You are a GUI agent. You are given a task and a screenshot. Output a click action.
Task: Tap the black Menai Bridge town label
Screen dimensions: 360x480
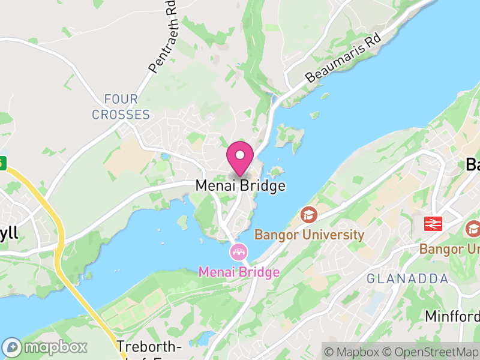[240, 186]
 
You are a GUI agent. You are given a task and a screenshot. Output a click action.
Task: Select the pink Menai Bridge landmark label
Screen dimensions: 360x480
[239, 272]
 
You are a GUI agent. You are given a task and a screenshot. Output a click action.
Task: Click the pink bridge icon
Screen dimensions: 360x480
[239, 251]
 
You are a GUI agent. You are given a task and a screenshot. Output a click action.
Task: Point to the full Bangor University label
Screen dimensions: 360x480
[309, 235]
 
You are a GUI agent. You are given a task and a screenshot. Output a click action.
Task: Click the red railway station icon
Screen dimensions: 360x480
[433, 224]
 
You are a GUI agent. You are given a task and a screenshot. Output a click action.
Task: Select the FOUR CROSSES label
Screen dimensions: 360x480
[121, 107]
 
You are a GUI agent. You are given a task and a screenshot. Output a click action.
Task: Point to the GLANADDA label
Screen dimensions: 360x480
[407, 279]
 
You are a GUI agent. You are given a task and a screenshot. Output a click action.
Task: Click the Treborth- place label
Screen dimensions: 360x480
[149, 347]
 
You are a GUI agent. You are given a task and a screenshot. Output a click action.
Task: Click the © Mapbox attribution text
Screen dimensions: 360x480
[355, 352]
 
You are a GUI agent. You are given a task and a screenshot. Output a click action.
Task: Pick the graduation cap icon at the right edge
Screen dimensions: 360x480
[473, 229]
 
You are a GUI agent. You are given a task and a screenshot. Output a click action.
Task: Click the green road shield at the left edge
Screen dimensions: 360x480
[2, 162]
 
